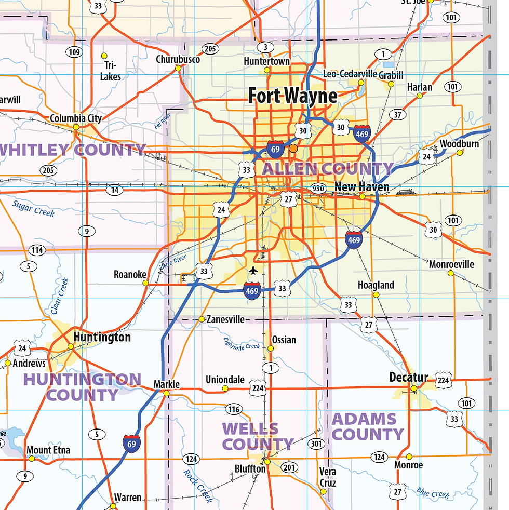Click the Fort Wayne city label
pos(292,96)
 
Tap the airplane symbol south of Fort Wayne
pos(253,271)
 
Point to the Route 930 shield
pos(317,188)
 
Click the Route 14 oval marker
pos(115,190)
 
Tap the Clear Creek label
pos(60,296)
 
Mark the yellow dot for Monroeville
pos(451,273)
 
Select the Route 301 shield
pos(316,444)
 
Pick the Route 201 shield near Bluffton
pos(289,468)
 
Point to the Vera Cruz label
pos(328,477)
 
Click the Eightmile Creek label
pos(242,343)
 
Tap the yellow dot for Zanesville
pos(202,319)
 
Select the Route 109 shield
pos(74,52)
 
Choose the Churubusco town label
pos(178,60)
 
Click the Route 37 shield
pos(398,115)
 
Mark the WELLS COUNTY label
pos(258,437)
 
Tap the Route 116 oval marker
pos(234,409)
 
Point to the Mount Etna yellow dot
pos(31,459)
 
